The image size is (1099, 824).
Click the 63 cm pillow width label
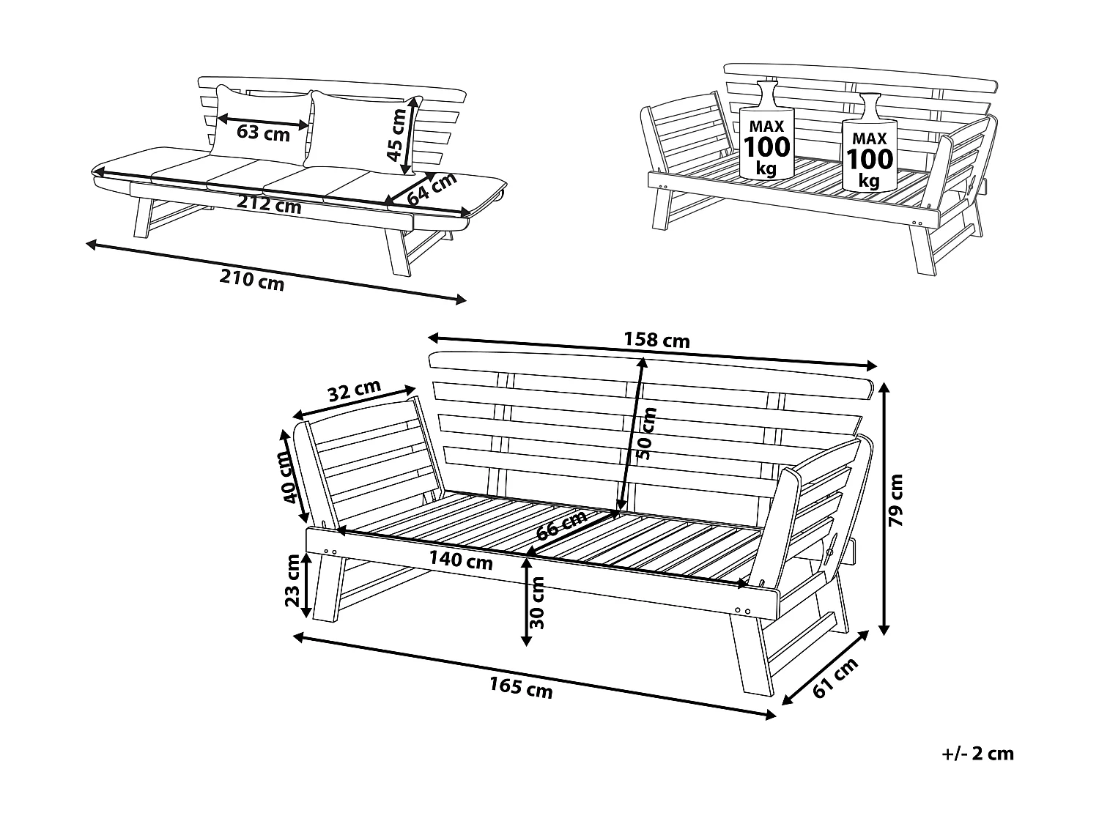pyautogui.click(x=263, y=133)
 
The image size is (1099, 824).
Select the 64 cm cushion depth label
pyautogui.click(x=432, y=190)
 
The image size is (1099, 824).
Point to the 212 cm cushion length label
pyautogui.click(x=268, y=204)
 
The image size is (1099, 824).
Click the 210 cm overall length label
pyautogui.click(x=251, y=279)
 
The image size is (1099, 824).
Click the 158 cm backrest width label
pyautogui.click(x=656, y=341)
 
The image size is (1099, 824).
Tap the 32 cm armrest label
pyautogui.click(x=354, y=391)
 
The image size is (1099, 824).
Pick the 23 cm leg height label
pyautogui.click(x=292, y=581)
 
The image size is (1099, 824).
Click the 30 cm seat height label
pyautogui.click(x=537, y=603)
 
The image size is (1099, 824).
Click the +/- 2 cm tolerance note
pyautogui.click(x=977, y=754)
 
